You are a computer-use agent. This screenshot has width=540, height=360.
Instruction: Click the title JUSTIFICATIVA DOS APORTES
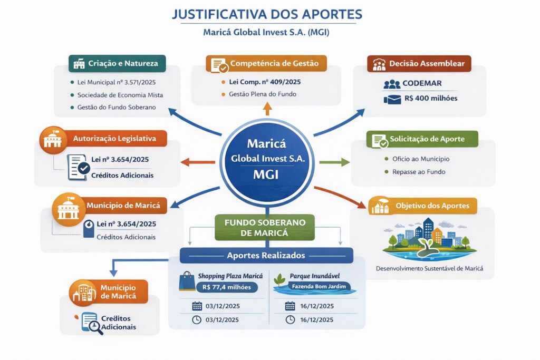267,14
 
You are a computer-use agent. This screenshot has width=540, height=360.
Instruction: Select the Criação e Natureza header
117,64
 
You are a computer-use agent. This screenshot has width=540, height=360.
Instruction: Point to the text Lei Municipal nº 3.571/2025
116,82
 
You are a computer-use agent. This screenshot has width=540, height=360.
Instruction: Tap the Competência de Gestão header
266,64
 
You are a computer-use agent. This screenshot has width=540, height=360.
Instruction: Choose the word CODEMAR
421,84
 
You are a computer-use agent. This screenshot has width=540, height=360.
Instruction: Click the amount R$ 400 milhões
430,99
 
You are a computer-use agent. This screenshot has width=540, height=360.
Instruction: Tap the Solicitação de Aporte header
422,139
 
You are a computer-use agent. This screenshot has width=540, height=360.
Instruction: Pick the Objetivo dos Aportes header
428,206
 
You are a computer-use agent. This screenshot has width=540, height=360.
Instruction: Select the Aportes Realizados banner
266,255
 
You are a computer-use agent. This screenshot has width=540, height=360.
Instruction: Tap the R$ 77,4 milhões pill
226,287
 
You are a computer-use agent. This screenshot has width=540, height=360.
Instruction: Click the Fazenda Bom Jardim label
315,287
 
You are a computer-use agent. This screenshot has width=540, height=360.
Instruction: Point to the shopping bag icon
187,281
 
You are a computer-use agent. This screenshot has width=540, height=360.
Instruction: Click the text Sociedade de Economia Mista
120,95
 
